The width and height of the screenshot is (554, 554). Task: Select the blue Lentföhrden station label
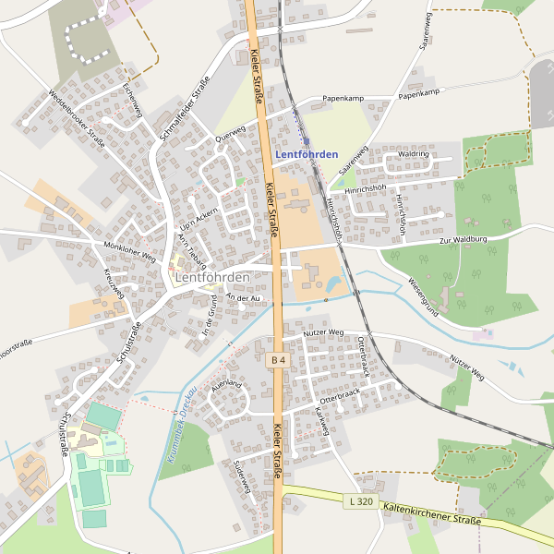pyautogui.click(x=307, y=154)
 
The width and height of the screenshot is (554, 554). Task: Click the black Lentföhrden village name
pyautogui.click(x=212, y=277)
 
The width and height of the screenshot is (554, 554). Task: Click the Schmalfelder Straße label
pyautogui.click(x=185, y=108)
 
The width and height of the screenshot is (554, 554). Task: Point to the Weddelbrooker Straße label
pyautogui.click(x=77, y=118)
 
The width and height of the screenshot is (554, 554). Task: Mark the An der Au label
pyautogui.click(x=243, y=297)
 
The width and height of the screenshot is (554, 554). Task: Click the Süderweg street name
pyautogui.click(x=242, y=475)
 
